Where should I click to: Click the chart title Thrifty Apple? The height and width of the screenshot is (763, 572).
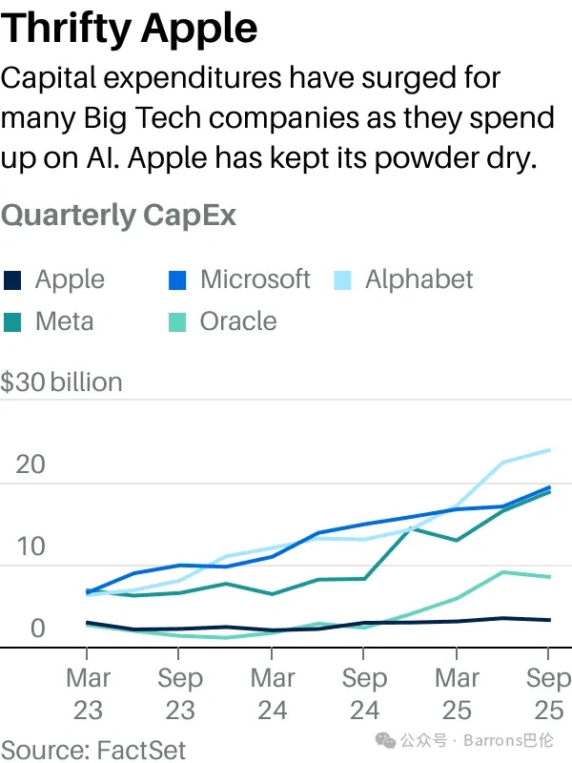(x=130, y=29)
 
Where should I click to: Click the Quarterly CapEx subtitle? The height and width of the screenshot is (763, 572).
(x=118, y=216)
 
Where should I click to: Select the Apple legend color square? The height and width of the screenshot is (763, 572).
(x=13, y=280)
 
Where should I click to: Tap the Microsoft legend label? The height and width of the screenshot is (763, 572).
(x=255, y=279)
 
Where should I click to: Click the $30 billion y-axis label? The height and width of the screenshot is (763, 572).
(x=62, y=382)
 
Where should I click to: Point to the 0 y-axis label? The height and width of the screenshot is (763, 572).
(x=37, y=629)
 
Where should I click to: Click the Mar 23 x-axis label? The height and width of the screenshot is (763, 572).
(x=88, y=694)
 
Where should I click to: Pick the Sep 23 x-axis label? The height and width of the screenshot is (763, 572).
(x=179, y=694)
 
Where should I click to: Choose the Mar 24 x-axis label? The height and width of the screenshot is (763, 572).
(x=273, y=694)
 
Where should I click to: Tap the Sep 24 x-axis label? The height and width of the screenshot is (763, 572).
(x=364, y=694)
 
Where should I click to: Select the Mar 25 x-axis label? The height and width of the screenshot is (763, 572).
(x=457, y=694)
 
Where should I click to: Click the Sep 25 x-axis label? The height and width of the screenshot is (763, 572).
(x=546, y=694)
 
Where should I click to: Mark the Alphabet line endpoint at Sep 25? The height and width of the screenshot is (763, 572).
(x=548, y=449)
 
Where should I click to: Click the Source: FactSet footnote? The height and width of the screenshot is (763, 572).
(x=93, y=750)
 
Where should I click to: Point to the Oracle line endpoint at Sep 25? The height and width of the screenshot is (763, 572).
(x=548, y=577)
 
